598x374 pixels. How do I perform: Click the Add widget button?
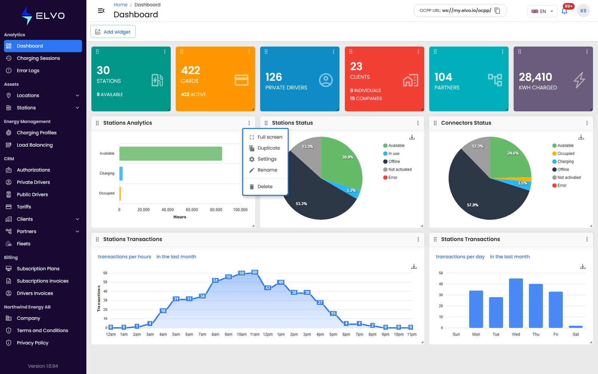pos(112,32)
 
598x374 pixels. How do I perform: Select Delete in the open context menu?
pos(265,187)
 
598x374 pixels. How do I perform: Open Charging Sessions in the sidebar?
pos(38,58)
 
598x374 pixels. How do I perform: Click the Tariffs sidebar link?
pos(24,207)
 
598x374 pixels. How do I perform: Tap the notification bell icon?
pos(564,11)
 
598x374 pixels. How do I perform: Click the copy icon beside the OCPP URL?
pos(497,11)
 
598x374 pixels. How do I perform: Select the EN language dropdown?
pos(542,11)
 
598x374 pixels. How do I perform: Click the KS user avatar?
pos(583,11)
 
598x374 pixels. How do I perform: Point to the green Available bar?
pos(170,154)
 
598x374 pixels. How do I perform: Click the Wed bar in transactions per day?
pos(516,303)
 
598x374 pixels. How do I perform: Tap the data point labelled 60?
pos(255,272)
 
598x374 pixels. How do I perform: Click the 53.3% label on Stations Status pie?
pos(301,203)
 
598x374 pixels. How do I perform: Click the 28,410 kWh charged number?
pos(535,77)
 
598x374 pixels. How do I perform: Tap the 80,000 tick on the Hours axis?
pos(216,210)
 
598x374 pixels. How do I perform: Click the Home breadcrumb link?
pos(120,4)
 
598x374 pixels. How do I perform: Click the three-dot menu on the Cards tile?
pos(249,52)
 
